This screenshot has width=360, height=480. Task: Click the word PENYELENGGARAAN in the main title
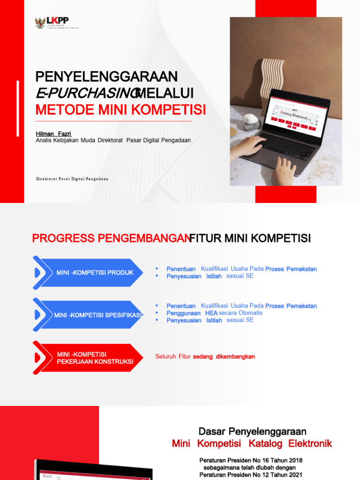[x=107, y=76]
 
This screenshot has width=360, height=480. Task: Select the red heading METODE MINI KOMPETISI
[x=121, y=110]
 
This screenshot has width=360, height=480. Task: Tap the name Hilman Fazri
[x=54, y=134]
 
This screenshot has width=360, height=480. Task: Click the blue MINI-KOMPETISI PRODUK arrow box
[x=89, y=273]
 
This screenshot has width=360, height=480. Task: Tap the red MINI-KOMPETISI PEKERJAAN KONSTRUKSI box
[x=89, y=358]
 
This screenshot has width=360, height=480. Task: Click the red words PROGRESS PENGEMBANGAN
[x=110, y=239]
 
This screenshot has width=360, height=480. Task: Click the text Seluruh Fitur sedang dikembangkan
[x=205, y=357]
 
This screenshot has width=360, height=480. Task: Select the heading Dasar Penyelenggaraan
[x=252, y=431]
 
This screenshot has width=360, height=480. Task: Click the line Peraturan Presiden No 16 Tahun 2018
[x=251, y=460]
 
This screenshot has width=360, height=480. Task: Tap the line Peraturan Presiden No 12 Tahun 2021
[x=251, y=475]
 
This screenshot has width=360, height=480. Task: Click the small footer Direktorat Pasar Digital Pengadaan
[x=72, y=179]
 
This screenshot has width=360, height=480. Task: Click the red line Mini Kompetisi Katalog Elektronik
[x=252, y=443]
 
